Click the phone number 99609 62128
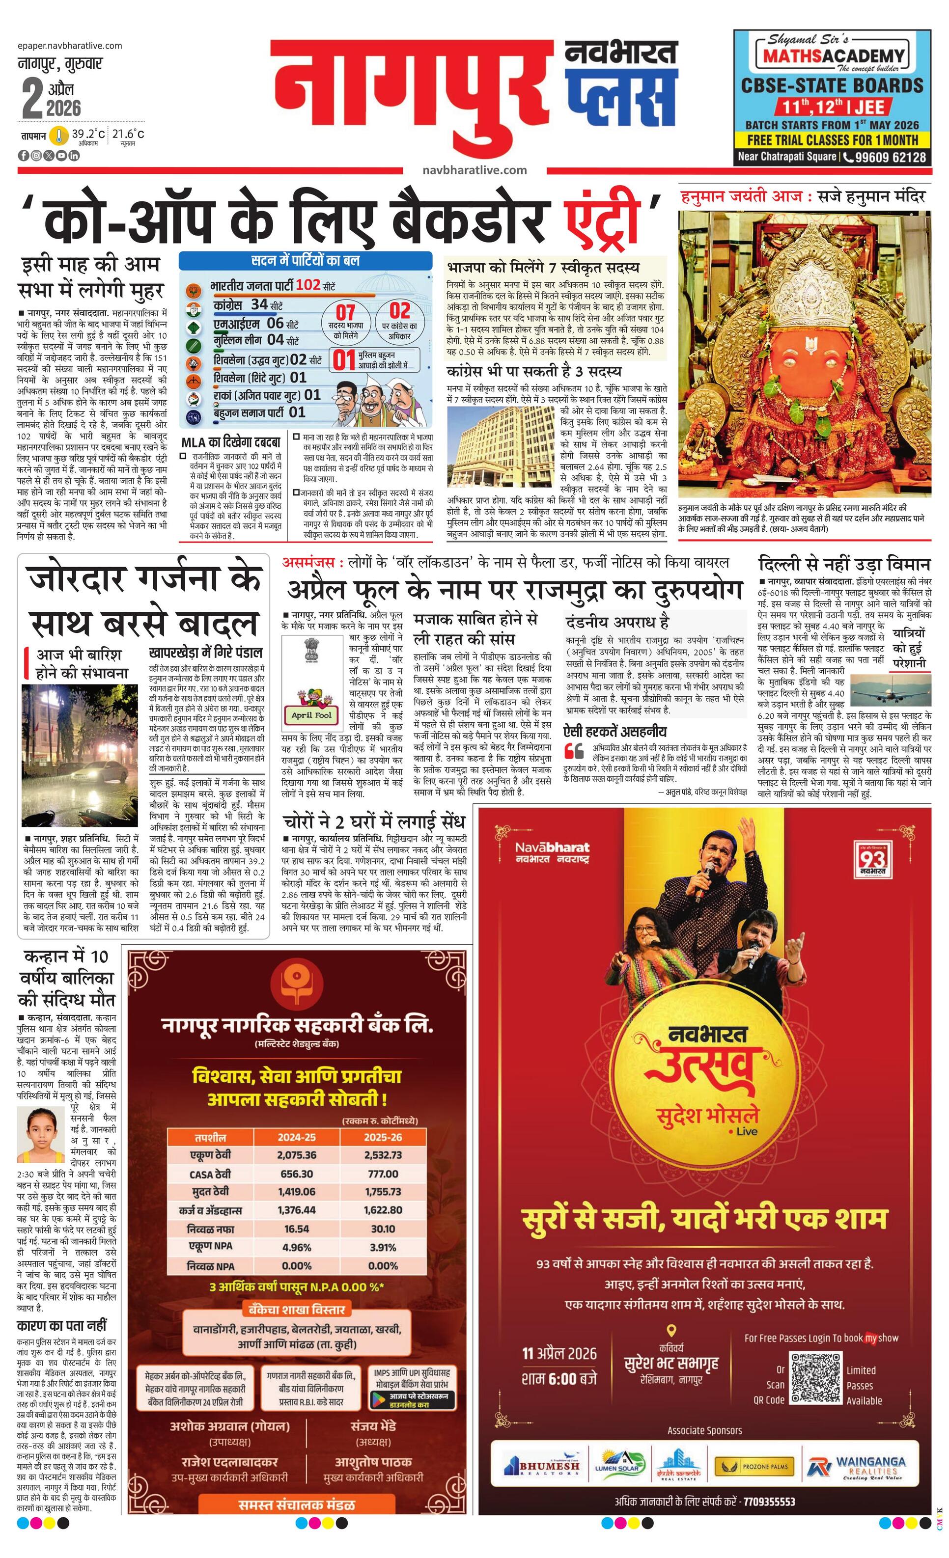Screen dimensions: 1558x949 (x=891, y=157)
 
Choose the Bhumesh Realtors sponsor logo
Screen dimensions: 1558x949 (x=542, y=1466)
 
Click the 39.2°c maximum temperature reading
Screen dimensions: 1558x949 (x=88, y=134)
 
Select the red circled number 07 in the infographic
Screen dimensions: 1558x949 (x=345, y=312)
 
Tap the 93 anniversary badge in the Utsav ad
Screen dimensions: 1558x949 (x=873, y=859)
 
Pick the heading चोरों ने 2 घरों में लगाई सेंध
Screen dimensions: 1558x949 (x=374, y=821)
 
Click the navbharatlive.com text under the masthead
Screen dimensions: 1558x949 (x=475, y=169)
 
